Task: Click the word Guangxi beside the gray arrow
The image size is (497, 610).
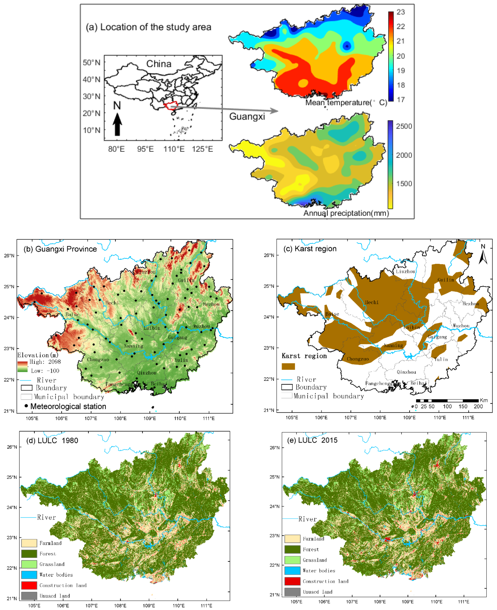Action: pyautogui.click(x=247, y=116)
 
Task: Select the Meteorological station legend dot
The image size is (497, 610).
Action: pyautogui.click(x=26, y=406)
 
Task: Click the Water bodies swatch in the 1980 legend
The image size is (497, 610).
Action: pyautogui.click(x=29, y=574)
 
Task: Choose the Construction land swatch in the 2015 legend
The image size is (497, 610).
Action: pyautogui.click(x=292, y=581)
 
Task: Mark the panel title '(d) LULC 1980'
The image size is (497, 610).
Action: pyautogui.click(x=52, y=440)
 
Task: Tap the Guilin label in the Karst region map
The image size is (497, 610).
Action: pyautogui.click(x=446, y=280)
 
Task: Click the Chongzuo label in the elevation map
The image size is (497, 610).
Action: pyautogui.click(x=98, y=360)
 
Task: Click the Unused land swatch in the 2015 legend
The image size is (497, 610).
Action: pyautogui.click(x=292, y=592)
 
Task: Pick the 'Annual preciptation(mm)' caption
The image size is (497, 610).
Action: pyautogui.click(x=346, y=213)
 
